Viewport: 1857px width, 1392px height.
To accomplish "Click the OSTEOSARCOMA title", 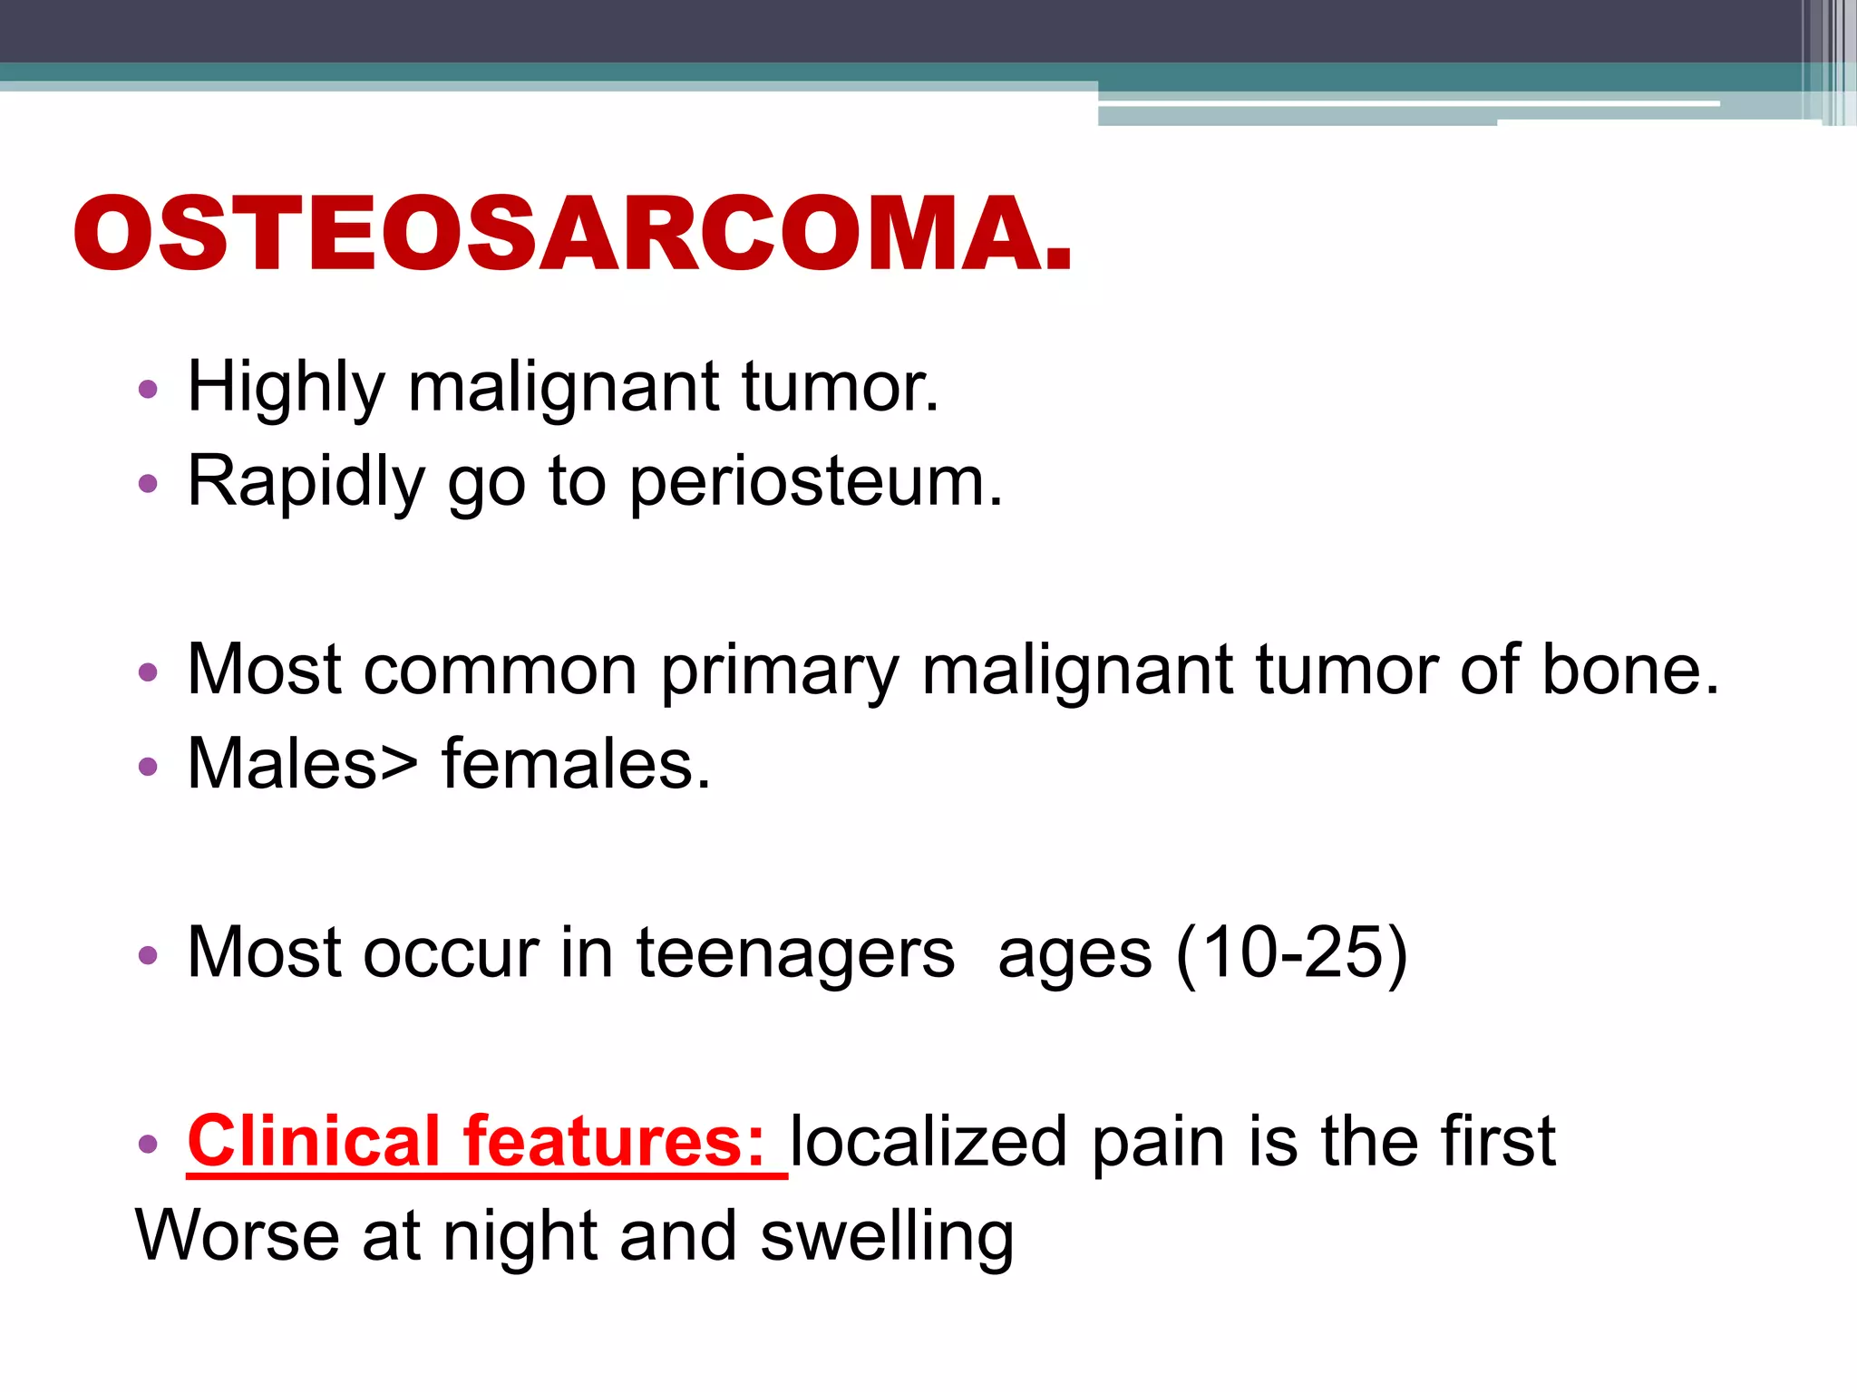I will coord(573,234).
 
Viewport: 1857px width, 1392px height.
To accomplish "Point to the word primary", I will coord(779,672).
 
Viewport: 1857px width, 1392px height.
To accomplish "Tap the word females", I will coord(576,765).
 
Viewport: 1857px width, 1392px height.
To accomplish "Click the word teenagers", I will coord(795,954).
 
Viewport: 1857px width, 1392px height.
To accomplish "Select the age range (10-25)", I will coord(1291,954).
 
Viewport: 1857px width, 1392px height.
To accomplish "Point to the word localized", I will coord(928,1142).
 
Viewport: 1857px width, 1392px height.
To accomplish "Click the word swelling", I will coord(887,1239).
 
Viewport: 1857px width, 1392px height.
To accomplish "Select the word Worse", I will coord(237,1237).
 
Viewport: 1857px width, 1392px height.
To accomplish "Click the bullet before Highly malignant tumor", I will coord(148,391).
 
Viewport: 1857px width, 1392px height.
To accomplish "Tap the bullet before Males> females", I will coord(148,768).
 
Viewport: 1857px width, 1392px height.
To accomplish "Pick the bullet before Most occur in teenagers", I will coord(148,956).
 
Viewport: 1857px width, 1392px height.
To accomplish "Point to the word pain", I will coord(1158,1142).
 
